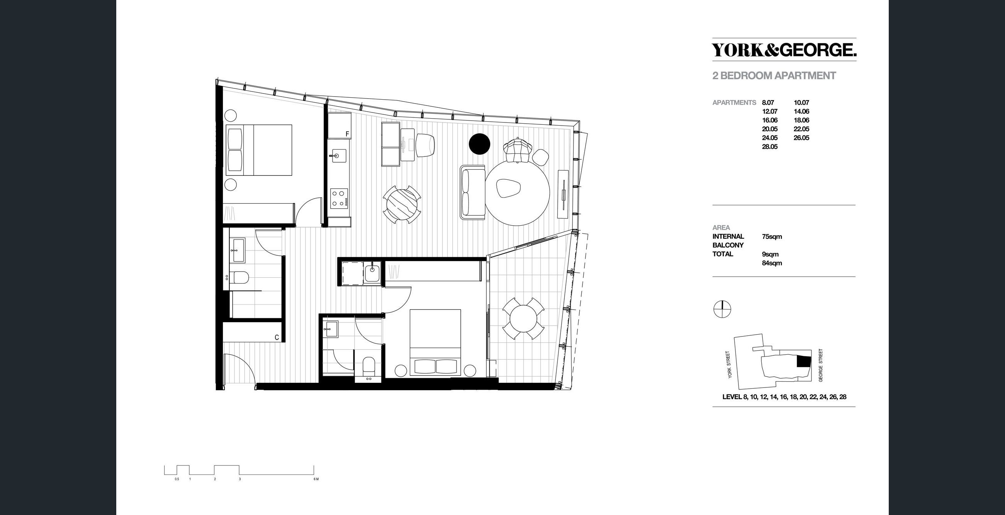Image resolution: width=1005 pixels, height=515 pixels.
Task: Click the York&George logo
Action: pyautogui.click(x=784, y=50)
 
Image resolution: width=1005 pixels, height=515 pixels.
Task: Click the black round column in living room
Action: pyautogui.click(x=479, y=144)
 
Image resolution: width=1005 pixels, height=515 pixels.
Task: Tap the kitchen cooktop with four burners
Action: pyautogui.click(x=339, y=198)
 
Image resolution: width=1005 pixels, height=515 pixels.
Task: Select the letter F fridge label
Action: pyautogui.click(x=347, y=134)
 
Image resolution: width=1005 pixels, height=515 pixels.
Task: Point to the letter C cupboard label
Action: pyautogui.click(x=277, y=338)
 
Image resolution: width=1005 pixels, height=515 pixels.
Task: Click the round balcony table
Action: pyautogui.click(x=523, y=318)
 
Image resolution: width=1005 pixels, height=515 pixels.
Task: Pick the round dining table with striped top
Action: pyautogui.click(x=402, y=204)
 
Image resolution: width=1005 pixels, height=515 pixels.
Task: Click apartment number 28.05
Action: pyautogui.click(x=770, y=147)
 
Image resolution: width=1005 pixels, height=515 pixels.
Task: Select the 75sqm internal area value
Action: pyautogui.click(x=772, y=236)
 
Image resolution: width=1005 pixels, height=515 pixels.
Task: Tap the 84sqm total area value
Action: pyautogui.click(x=772, y=263)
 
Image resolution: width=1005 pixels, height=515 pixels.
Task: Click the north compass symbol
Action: pyautogui.click(x=722, y=310)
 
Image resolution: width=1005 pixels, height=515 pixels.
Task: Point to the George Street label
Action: pyautogui.click(x=820, y=365)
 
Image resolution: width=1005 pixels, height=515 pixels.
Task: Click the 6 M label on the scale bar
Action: pyautogui.click(x=316, y=479)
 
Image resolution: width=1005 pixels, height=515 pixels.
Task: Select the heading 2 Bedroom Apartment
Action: pyautogui.click(x=774, y=76)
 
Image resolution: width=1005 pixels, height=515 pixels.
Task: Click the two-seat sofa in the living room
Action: pyautogui.click(x=472, y=192)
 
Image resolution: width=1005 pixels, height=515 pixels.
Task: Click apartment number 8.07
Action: pyautogui.click(x=768, y=103)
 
